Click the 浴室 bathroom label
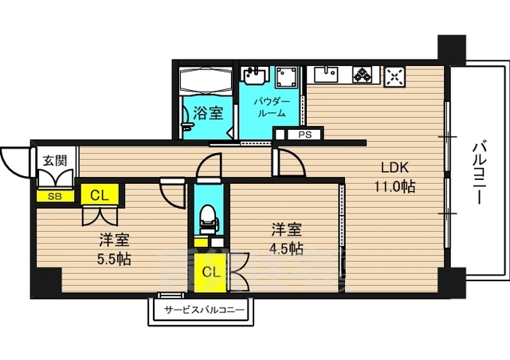coord(210,113)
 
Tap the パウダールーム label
coord(272,108)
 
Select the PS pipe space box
coord(304,135)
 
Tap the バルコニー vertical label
coord(480,170)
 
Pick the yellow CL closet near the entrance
coord(100,194)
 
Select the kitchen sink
coord(326,76)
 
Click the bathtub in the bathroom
coord(204,80)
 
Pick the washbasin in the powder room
coord(254,76)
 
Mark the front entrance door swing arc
coord(14,162)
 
